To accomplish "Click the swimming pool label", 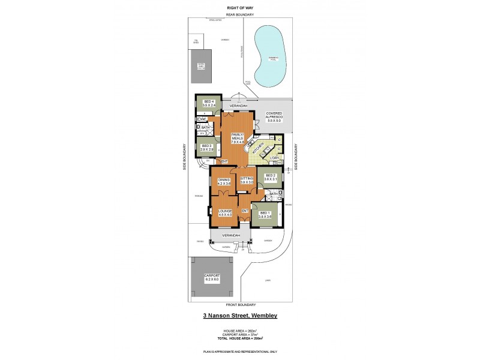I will point(273,58).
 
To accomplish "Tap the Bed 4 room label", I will point(209,103).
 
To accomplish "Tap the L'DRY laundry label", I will point(275,158).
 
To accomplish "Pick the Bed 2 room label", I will point(270,177).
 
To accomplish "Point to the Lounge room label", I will point(225,212).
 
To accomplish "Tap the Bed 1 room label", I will point(265,215).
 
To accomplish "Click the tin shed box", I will point(196,42).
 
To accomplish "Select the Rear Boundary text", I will point(239,14).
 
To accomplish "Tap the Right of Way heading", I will point(239,7).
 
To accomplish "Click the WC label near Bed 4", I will point(202,120).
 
